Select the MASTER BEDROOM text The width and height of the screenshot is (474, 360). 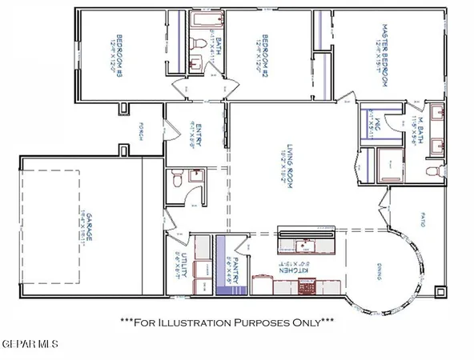click(384, 55)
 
